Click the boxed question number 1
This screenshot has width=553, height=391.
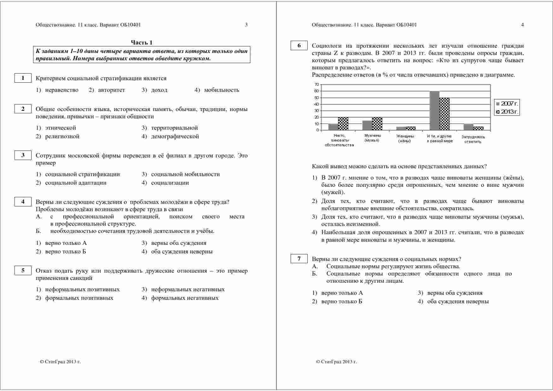pos(23,78)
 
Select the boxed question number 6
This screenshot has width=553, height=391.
pos(299,45)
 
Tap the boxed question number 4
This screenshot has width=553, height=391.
pos(23,202)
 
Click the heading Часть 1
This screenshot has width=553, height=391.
pos(142,43)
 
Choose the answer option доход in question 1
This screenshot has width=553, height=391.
pos(159,90)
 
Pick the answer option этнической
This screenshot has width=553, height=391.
pos(61,128)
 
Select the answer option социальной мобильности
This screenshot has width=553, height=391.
pos(185,174)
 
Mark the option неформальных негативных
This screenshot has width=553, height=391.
pos(188,289)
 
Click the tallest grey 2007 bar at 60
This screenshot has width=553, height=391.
pos(434,110)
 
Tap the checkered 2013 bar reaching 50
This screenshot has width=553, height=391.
pos(444,114)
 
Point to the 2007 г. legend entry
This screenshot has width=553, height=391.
pos(507,104)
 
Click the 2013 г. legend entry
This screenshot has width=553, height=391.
pos(507,112)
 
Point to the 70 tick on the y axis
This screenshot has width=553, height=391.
pos(317,85)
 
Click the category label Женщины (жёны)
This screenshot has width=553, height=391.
pos(405,139)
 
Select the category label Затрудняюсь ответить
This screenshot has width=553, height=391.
pos(473,139)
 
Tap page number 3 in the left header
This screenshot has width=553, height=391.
pos(246,25)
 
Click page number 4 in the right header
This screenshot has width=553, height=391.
pos(522,25)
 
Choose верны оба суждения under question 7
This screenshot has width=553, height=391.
pos(454,293)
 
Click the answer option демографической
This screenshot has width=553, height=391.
pos(175,136)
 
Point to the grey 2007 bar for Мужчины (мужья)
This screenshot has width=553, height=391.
pos(367,125)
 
